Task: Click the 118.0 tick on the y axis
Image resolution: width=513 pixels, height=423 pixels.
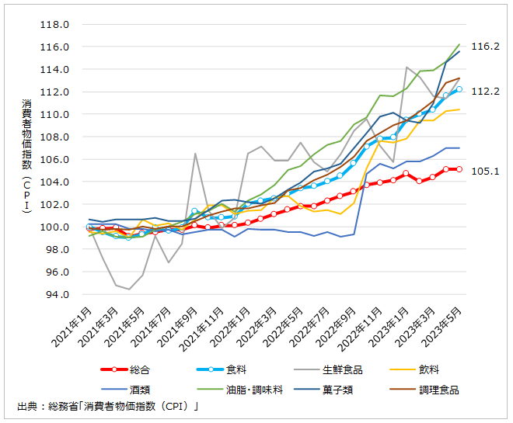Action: tap(57, 24)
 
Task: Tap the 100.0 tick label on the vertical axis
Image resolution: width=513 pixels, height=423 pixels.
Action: tap(57, 227)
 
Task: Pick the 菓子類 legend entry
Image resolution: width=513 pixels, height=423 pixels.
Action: tap(351, 388)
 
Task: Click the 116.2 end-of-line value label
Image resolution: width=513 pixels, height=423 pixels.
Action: tap(485, 47)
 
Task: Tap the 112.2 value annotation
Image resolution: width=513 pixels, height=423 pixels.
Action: tap(485, 92)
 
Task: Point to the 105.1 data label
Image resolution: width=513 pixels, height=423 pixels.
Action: tap(485, 171)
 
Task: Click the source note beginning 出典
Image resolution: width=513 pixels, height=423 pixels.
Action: tap(109, 406)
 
